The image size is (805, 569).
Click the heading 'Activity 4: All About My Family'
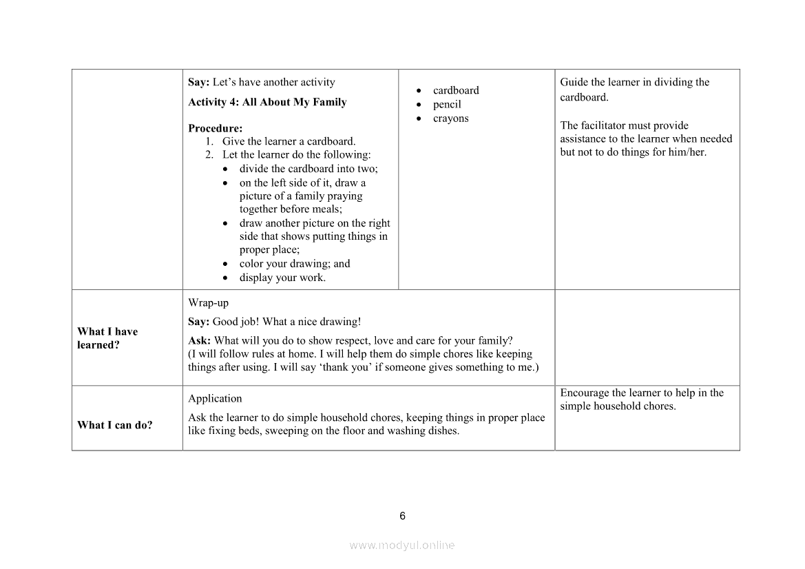pos(267,102)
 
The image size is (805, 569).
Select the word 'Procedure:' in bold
pos(215,128)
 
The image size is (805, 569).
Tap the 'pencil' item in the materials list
pos(447,104)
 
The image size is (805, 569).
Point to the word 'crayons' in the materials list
pos(450,118)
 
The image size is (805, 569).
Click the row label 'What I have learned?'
pos(107,338)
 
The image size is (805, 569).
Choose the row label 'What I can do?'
pos(115,425)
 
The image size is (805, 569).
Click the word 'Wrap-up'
pos(208,302)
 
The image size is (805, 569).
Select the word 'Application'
pos(215,398)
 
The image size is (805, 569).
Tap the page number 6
pos(403,516)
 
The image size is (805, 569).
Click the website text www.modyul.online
pos(402,545)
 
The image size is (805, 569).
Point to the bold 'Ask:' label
pos(199,340)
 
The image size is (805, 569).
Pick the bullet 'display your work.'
pos(282,278)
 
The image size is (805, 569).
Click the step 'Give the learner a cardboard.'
pos(289,141)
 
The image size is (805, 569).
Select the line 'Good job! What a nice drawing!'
pos(286,322)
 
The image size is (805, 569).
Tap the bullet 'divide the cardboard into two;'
pos(309,169)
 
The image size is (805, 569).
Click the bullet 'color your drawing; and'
pos(295,264)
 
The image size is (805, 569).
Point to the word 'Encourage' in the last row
pos(583,393)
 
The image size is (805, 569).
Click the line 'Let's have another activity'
pos(273,82)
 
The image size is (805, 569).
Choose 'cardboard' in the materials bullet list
pos(456,90)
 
